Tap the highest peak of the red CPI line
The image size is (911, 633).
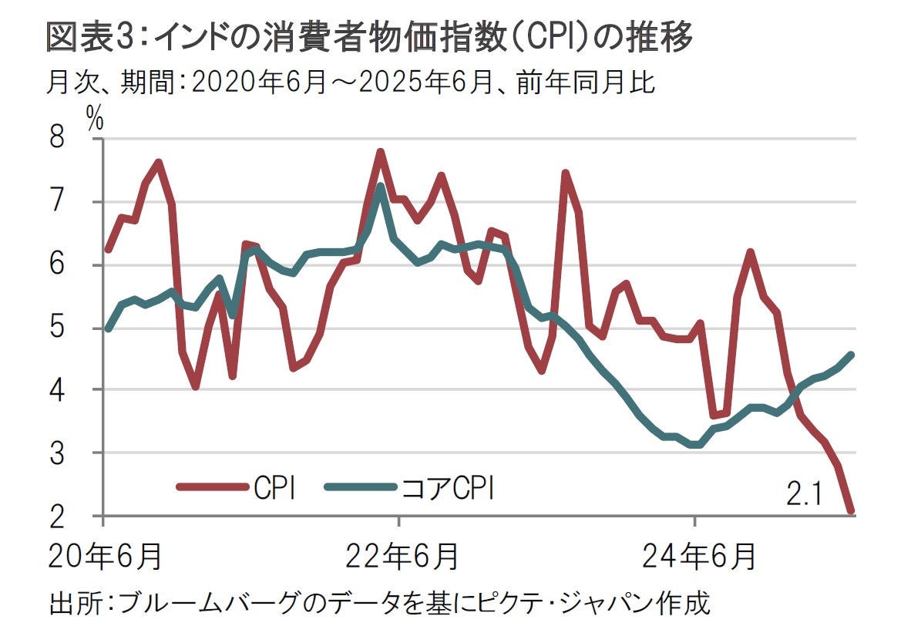(x=380, y=152)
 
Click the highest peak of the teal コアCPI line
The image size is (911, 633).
(x=380, y=187)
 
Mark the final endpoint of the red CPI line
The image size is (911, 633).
(x=851, y=510)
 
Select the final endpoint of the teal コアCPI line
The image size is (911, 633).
(x=851, y=355)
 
